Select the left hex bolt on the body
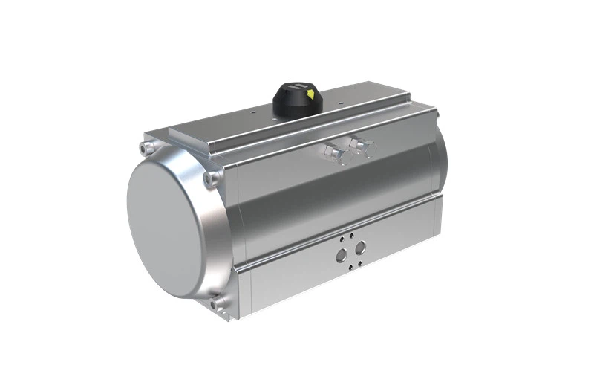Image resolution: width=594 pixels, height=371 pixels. click(x=333, y=154)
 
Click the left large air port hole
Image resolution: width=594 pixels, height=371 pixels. click(x=342, y=254)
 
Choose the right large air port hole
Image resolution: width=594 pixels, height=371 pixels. click(x=361, y=248)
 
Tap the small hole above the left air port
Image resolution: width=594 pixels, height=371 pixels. click(x=342, y=239)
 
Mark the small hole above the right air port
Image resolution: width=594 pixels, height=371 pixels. click(x=359, y=233)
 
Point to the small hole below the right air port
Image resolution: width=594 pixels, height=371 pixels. click(x=361, y=262)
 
